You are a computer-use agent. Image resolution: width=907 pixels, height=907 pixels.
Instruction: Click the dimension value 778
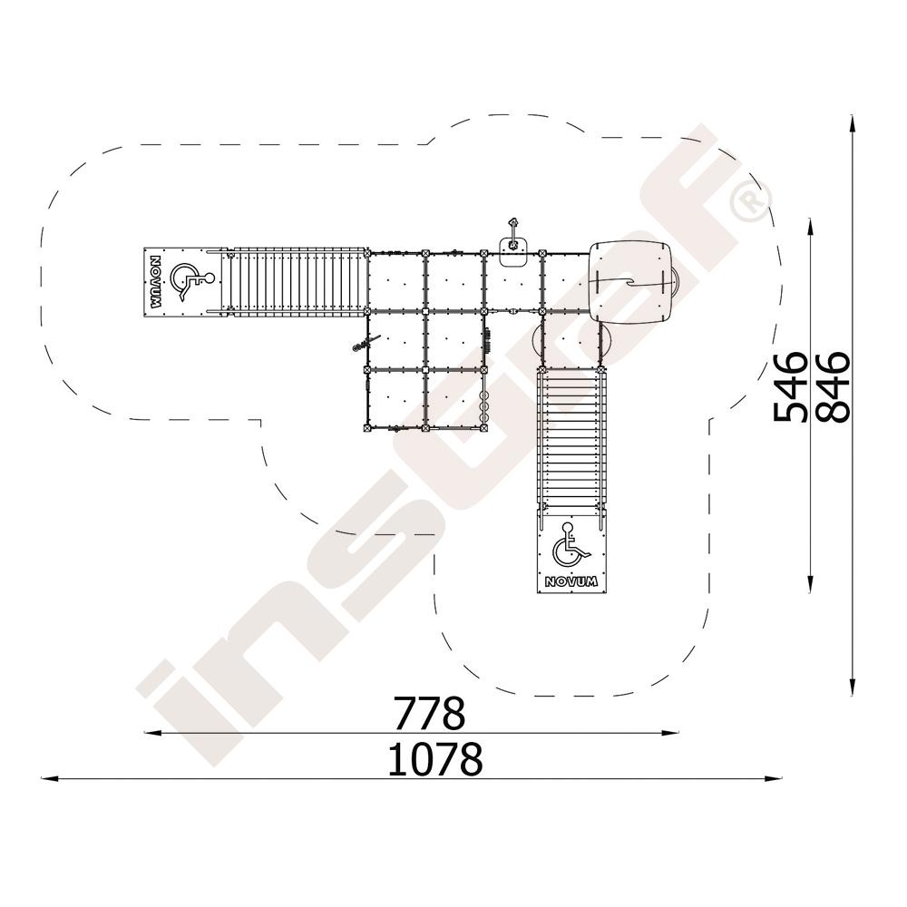tap(429, 713)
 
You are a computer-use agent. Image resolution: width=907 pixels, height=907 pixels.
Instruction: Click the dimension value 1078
tap(435, 759)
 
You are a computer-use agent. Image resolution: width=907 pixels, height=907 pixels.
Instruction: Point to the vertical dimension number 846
tap(834, 386)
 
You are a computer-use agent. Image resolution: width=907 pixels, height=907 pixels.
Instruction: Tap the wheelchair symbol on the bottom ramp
tap(570, 545)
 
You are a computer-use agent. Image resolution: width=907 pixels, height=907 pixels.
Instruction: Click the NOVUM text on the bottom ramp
tap(571, 581)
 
